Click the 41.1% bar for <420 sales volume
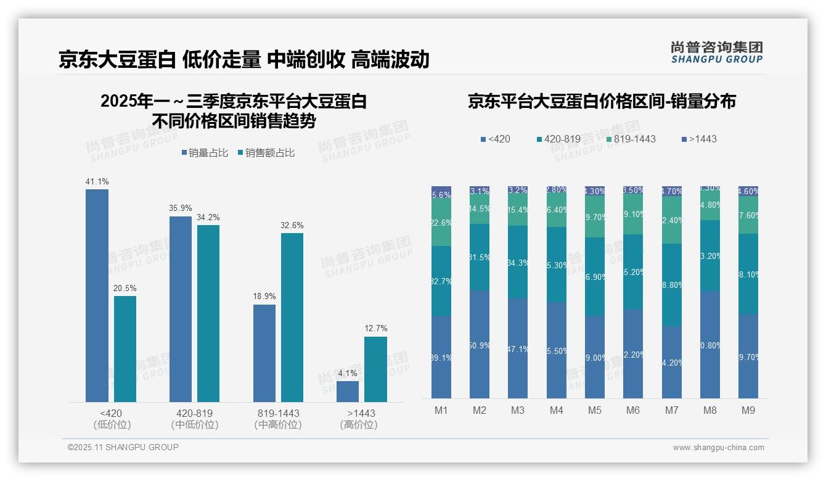pos(97,295)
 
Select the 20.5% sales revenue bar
pos(125,349)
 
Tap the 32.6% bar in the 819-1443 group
pos(292,318)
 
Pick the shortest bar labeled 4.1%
pos(348,392)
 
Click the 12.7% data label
pos(376,329)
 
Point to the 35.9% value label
pos(181,208)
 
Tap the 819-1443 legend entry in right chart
pos(629,139)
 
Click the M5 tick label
pos(594,410)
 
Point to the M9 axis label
pos(748,410)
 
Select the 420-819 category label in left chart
pos(194,413)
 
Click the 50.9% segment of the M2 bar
pos(480,345)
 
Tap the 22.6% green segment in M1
pos(441,223)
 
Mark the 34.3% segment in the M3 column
pos(518,262)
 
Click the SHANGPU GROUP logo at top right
pos(716,52)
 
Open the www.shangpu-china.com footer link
pos(718,448)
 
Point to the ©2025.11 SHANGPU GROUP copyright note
pos(123,447)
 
